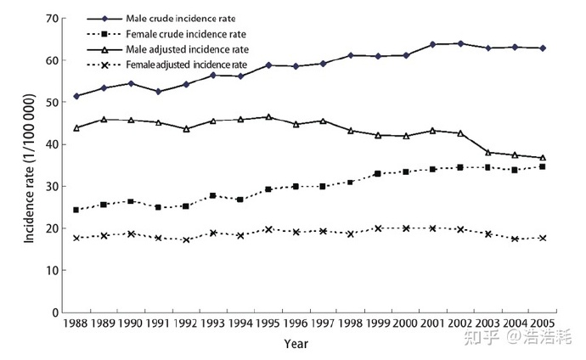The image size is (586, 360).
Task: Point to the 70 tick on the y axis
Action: [50, 19]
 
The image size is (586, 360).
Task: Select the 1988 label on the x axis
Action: [76, 324]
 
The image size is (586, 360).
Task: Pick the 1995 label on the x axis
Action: [268, 324]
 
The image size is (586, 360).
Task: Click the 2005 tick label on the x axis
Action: [541, 324]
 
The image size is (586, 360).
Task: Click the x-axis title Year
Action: [296, 344]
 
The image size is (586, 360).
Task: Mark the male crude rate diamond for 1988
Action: [76, 96]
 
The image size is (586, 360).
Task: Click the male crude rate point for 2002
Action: [460, 43]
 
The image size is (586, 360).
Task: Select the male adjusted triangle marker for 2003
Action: [487, 152]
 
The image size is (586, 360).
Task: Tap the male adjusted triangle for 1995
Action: [268, 117]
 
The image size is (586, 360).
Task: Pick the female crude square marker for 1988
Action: [76, 210]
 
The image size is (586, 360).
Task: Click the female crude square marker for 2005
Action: [542, 166]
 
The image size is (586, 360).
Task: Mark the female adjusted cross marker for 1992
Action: [186, 239]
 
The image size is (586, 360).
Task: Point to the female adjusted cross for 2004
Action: [515, 239]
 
